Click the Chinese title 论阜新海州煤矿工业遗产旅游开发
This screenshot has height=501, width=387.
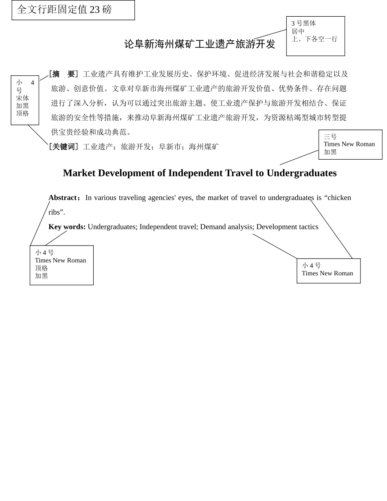pos(200,44)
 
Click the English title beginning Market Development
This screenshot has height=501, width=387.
pos(200,173)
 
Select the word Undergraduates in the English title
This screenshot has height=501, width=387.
pos(301,173)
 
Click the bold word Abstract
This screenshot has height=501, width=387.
pos(63,198)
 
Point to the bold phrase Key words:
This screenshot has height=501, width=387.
pos(67,227)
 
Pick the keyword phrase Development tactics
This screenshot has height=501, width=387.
pos(287,227)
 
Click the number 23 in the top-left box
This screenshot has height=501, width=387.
pos(95,10)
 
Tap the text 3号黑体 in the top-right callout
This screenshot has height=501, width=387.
pos(303,23)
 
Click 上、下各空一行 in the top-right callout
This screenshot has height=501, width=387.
pos(314,39)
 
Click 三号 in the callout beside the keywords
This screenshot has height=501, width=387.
pos(330,137)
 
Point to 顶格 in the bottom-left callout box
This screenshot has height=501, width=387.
pos(42,268)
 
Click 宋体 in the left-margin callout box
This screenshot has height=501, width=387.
pos(22,98)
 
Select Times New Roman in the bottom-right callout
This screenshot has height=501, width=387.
pos(328,273)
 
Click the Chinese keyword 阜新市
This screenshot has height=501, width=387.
pos(169,147)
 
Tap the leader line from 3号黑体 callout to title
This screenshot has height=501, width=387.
pos(270,34)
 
